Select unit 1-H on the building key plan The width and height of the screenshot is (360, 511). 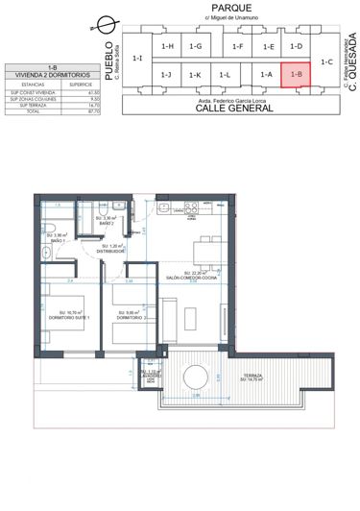(x=167, y=45)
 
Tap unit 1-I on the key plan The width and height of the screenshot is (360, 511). (x=137, y=60)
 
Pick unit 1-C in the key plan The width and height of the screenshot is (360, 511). (x=326, y=61)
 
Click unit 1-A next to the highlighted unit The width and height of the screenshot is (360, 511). (x=267, y=74)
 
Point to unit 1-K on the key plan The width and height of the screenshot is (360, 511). (x=195, y=74)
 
